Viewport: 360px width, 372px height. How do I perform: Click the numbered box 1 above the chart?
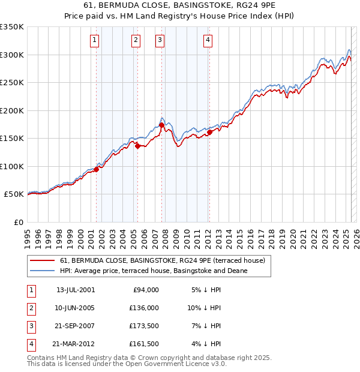pos(95,40)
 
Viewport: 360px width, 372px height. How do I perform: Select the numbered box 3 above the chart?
pos(160,40)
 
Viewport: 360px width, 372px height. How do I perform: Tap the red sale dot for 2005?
pos(137,146)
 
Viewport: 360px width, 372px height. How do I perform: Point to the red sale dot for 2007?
pos(161,125)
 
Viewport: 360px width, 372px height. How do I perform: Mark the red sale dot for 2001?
pos(96,169)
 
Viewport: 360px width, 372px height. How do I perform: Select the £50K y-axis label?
pos(13,194)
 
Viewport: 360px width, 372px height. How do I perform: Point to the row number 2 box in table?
pos(31,308)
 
